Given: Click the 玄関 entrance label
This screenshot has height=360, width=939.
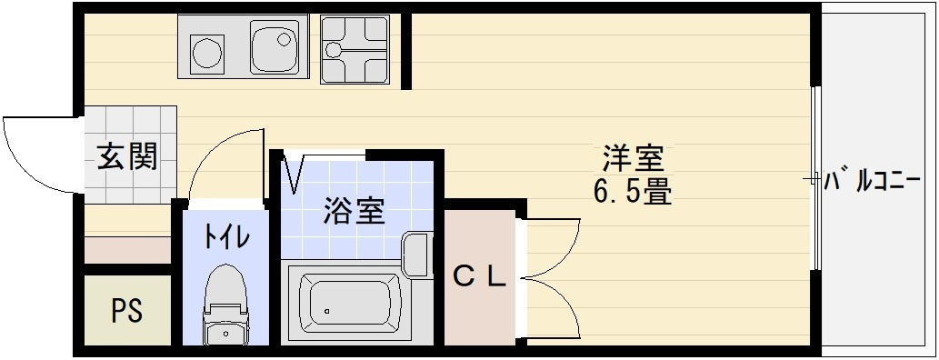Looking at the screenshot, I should coord(127,157).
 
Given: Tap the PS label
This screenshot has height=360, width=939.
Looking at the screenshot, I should coord(127,311).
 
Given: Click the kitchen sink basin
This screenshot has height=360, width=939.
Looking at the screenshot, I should coord(274,47).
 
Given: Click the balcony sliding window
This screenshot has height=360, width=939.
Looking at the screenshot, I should coord(816,178).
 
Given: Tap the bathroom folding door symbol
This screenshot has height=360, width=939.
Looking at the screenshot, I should coord(294,173).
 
